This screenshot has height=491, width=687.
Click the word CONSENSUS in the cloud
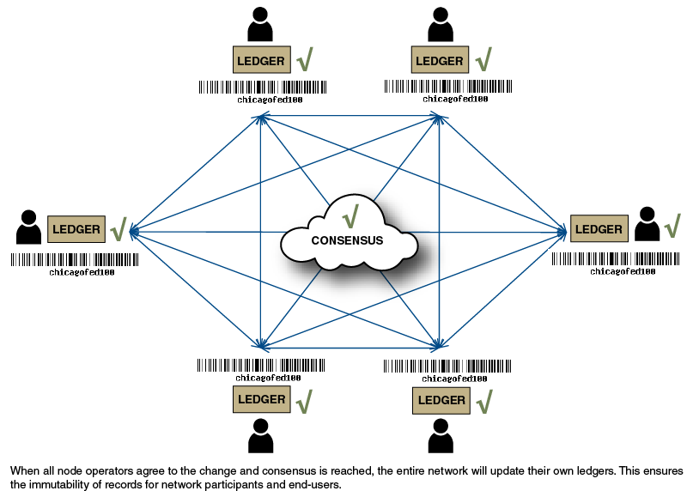pyautogui.click(x=348, y=240)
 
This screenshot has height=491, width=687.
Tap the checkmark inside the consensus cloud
pyautogui.click(x=350, y=215)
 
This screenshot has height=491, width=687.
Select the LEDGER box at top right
pyautogui.click(x=440, y=61)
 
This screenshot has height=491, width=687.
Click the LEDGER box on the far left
pyautogui.click(x=76, y=229)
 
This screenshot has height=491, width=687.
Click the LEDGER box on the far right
pyautogui.click(x=599, y=229)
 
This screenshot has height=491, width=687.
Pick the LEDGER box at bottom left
pyautogui.click(x=262, y=399)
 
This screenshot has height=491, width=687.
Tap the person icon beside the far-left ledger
pyautogui.click(x=29, y=227)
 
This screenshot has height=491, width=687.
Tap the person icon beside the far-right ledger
pyautogui.click(x=647, y=224)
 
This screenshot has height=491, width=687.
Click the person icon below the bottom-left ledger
pyautogui.click(x=260, y=436)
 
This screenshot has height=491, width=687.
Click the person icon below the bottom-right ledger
pyautogui.click(x=441, y=436)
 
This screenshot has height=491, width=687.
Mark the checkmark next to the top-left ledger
pyautogui.click(x=305, y=60)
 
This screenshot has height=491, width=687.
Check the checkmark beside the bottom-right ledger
pyautogui.click(x=484, y=400)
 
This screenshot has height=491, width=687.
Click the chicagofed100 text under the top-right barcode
pyautogui.click(x=455, y=99)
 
